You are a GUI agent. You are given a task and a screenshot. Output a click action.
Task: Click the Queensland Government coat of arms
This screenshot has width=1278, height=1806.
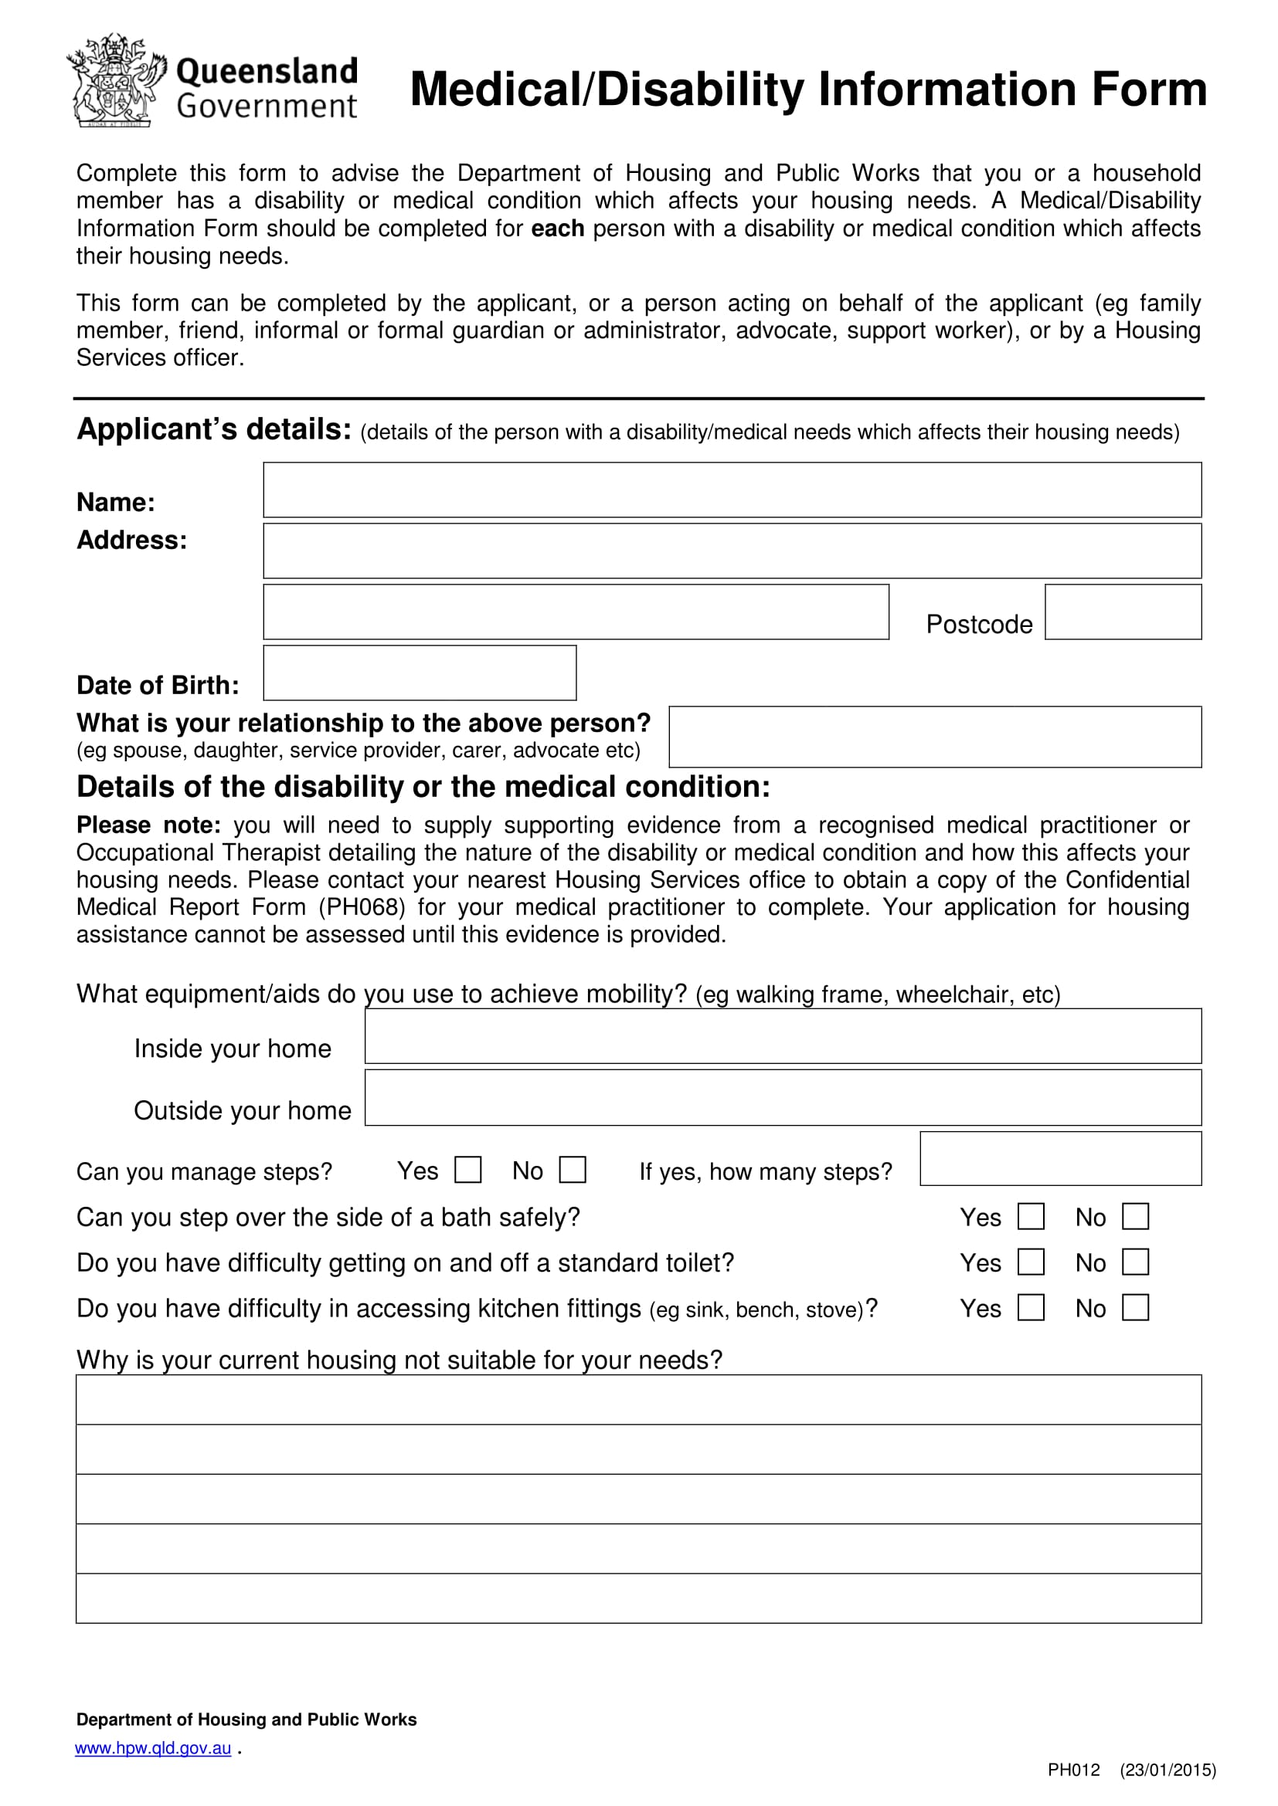click(117, 80)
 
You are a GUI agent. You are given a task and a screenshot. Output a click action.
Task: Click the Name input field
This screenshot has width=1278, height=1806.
click(732, 490)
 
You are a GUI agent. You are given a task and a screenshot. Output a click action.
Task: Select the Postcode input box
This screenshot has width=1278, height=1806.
click(1123, 612)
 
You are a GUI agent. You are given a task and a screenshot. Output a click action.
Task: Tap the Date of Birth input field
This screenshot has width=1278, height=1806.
click(420, 673)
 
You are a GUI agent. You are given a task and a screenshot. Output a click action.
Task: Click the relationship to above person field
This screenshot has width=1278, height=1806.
click(935, 737)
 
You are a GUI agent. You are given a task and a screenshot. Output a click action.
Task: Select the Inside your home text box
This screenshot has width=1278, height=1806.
click(783, 1036)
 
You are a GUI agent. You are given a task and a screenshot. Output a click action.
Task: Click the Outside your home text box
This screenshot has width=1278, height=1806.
click(783, 1097)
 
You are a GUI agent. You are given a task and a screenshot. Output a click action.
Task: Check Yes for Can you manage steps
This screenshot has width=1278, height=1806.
click(468, 1170)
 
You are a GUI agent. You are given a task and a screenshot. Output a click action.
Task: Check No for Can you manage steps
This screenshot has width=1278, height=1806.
click(573, 1170)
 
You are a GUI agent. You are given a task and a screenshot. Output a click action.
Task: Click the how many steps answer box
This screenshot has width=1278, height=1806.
click(1060, 1159)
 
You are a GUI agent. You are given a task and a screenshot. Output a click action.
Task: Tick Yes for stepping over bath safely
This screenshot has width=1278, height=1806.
click(1031, 1216)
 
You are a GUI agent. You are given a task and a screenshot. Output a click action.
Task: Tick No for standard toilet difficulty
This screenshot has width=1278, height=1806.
click(1136, 1262)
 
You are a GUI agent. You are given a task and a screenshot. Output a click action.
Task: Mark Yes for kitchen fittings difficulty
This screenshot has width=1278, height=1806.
click(1031, 1307)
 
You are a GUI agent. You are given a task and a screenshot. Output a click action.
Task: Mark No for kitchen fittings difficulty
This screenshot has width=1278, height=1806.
click(1136, 1307)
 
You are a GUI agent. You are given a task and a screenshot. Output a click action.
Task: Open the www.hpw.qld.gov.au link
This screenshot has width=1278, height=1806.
click(154, 1748)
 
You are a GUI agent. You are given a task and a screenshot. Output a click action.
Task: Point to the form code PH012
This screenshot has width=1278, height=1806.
click(1073, 1770)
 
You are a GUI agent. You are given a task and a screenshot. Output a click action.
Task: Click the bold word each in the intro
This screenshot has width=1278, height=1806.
click(557, 229)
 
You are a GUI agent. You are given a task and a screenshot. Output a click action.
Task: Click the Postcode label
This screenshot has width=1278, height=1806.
click(979, 625)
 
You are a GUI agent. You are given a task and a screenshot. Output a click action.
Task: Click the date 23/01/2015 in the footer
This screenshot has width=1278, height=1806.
click(1168, 1770)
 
